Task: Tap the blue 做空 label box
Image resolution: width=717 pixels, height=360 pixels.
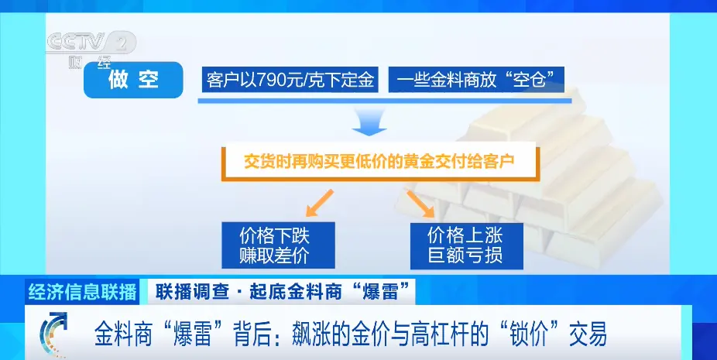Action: coord(133,80)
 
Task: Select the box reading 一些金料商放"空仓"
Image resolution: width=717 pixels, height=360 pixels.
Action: coord(476,80)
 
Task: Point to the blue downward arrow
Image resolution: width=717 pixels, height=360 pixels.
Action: coord(369,122)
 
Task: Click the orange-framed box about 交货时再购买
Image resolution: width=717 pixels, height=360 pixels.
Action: coord(380,162)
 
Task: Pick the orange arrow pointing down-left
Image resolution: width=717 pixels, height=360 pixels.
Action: coord(320,203)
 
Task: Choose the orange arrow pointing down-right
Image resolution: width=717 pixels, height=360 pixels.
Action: coord(420,203)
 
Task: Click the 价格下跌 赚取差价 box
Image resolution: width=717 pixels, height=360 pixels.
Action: coord(278,245)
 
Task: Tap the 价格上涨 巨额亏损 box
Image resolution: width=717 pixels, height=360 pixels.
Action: coord(466,246)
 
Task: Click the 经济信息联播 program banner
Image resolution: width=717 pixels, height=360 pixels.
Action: coord(82,292)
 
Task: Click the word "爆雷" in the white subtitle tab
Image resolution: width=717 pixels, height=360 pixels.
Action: coord(379,292)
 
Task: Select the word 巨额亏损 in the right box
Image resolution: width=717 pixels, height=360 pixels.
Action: coord(465,255)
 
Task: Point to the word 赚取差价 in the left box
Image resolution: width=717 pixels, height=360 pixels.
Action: coord(274,255)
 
